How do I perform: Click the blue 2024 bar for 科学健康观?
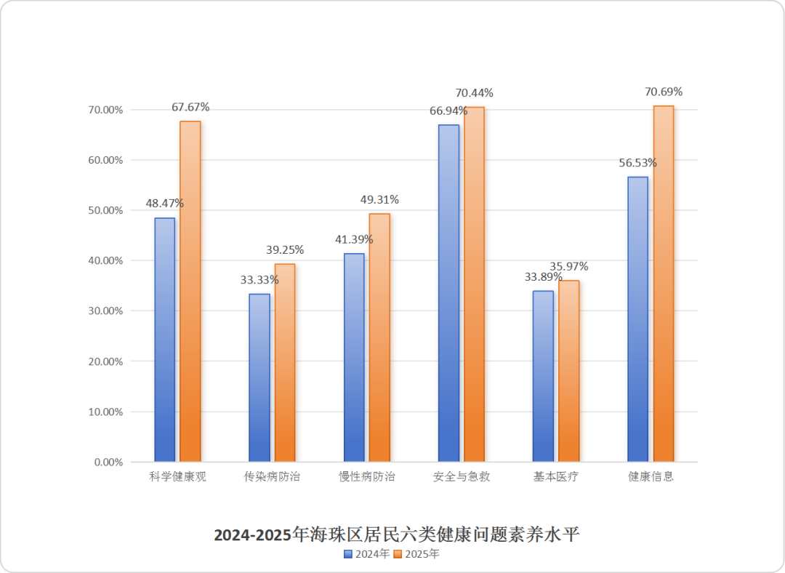pyautogui.click(x=165, y=340)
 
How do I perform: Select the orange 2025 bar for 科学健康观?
pyautogui.click(x=190, y=291)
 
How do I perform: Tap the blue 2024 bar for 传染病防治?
pyautogui.click(x=259, y=377)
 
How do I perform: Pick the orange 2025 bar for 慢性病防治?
pyautogui.click(x=379, y=337)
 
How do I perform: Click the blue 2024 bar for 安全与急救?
pyautogui.click(x=448, y=293)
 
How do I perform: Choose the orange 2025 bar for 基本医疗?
pyautogui.click(x=568, y=371)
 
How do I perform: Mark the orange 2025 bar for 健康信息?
pyautogui.click(x=664, y=284)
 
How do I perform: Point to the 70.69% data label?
pyautogui.click(x=664, y=92)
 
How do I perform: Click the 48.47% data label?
pyautogui.click(x=165, y=204)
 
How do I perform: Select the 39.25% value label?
pyautogui.click(x=285, y=250)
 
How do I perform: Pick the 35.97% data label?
pyautogui.click(x=569, y=267)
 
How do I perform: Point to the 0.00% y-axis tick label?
pyautogui.click(x=108, y=462)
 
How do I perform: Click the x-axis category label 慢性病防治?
pyautogui.click(x=367, y=478)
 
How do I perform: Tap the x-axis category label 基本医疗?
pyautogui.click(x=556, y=478)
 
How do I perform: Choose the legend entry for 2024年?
pyautogui.click(x=367, y=554)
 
